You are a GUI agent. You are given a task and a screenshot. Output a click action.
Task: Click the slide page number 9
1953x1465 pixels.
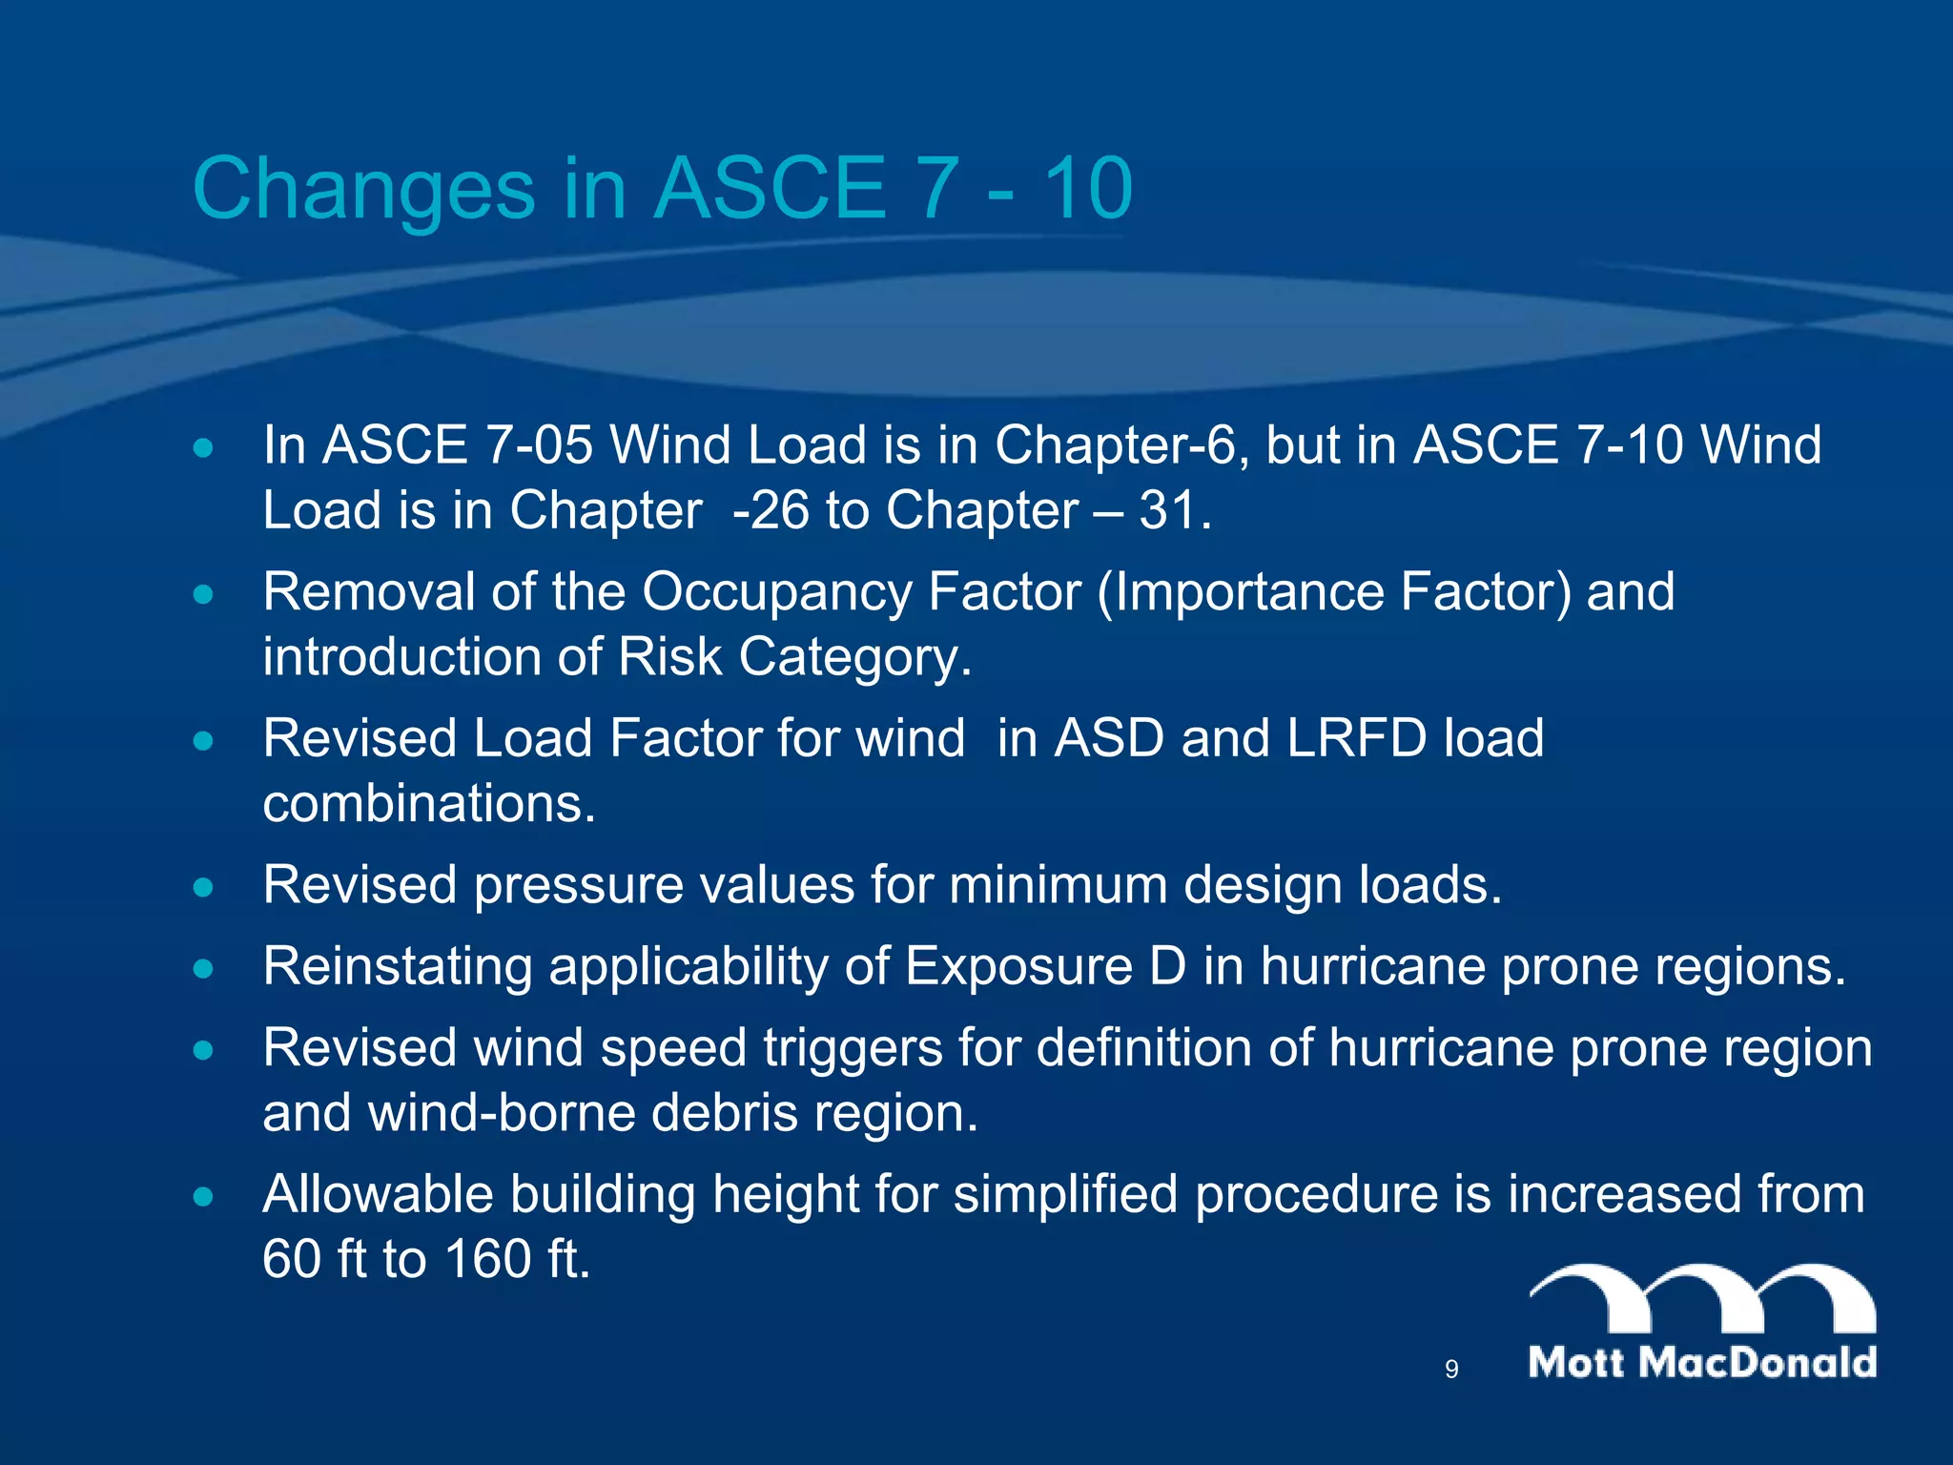pyautogui.click(x=1451, y=1370)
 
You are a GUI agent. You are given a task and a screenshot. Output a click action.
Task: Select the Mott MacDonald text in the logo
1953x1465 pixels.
pyautogui.click(x=1702, y=1362)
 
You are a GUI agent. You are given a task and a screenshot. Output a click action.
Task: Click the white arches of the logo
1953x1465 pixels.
pyautogui.click(x=1702, y=1297)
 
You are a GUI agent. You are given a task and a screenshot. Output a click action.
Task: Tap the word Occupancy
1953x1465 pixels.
pyautogui.click(x=776, y=592)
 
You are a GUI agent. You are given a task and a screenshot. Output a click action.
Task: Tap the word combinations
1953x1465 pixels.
pyautogui.click(x=429, y=803)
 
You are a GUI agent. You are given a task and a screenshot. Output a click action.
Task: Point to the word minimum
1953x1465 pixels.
pyautogui.click(x=1058, y=885)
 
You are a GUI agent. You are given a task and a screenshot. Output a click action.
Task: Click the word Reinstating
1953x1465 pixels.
pyautogui.click(x=397, y=966)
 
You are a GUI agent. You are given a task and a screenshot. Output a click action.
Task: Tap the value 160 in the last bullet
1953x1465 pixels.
pyautogui.click(x=487, y=1259)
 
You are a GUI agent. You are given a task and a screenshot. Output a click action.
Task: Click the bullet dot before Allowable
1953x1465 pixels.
pyautogui.click(x=202, y=1196)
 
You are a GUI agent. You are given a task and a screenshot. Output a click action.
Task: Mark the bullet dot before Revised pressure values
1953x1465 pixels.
pyautogui.click(x=202, y=887)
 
